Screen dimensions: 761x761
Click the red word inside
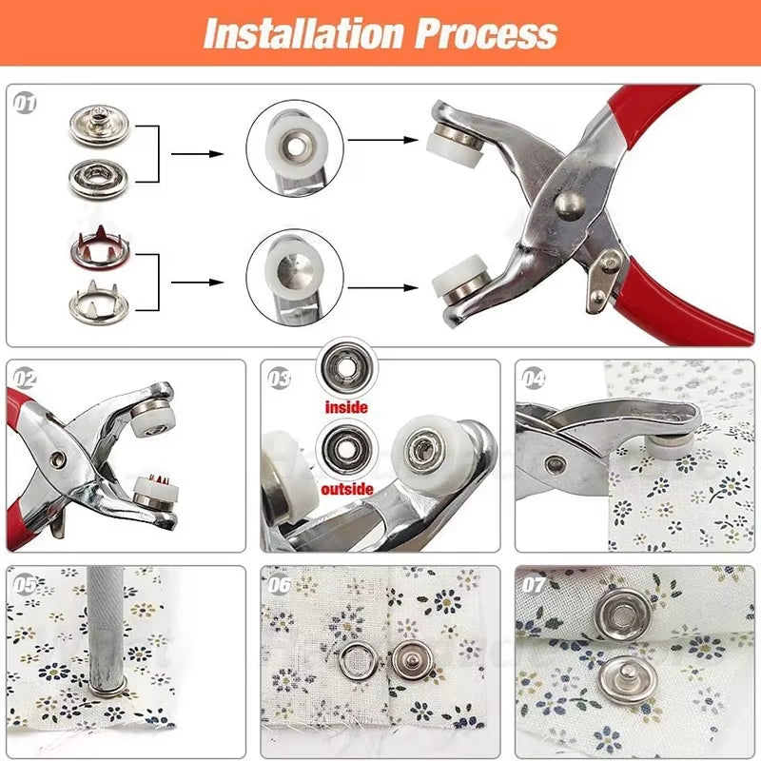pos(346,407)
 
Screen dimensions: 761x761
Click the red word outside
pos(346,490)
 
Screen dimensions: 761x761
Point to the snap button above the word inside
pos(346,366)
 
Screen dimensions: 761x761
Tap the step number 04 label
pos(534,378)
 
